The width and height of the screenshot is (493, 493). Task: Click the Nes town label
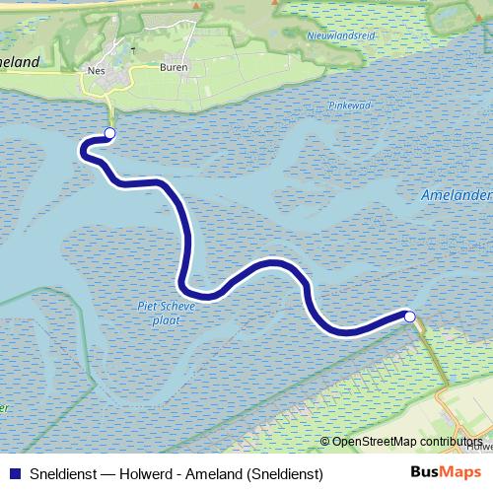(x=97, y=70)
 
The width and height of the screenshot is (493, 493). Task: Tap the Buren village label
(x=173, y=68)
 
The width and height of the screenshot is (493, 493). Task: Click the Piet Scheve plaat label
(x=167, y=313)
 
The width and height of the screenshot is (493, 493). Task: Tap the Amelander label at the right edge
(x=457, y=195)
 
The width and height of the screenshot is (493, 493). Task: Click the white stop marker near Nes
(x=109, y=133)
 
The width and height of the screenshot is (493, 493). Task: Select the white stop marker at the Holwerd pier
(x=410, y=317)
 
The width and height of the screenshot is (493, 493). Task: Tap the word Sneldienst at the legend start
(x=62, y=474)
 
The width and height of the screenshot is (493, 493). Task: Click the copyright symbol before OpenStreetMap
(x=324, y=442)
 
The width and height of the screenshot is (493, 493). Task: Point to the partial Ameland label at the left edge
(x=20, y=62)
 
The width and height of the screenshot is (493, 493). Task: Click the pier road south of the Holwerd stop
(x=430, y=350)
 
